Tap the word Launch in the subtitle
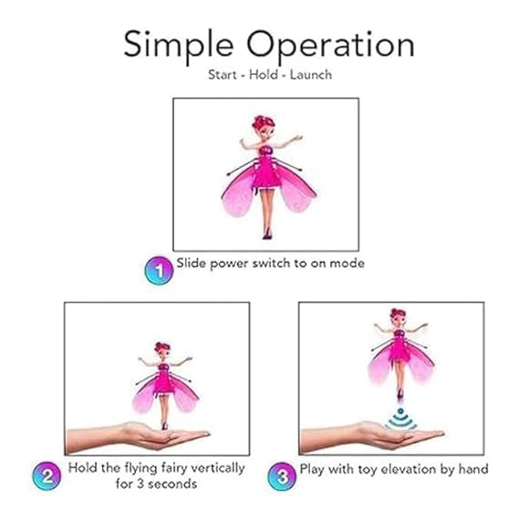point(310,74)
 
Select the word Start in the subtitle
point(222,74)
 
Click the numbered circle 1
point(159,269)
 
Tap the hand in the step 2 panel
point(137,435)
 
